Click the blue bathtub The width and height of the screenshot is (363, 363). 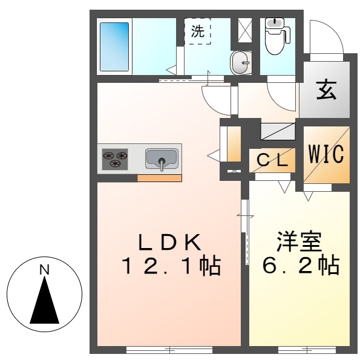pyautogui.click(x=114, y=47)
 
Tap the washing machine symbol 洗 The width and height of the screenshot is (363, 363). pyautogui.click(x=198, y=32)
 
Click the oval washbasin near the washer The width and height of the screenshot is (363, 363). pyautogui.click(x=241, y=63)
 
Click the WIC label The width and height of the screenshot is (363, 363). pyautogui.click(x=327, y=153)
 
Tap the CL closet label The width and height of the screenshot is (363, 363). pyautogui.click(x=273, y=160)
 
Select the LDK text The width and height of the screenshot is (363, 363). pyautogui.click(x=169, y=242)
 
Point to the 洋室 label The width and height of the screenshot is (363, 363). pyautogui.click(x=299, y=242)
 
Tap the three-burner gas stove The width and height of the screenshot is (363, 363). pyautogui.click(x=116, y=159)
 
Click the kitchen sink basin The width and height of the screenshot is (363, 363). pyautogui.click(x=162, y=159)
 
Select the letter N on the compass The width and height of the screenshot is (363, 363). pyautogui.click(x=44, y=270)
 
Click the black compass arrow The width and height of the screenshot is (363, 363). pyautogui.click(x=44, y=302)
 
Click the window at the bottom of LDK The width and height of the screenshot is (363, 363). pyautogui.click(x=169, y=349)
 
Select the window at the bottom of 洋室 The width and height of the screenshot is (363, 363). pyautogui.click(x=298, y=349)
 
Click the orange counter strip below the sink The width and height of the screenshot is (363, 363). pyautogui.click(x=159, y=178)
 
